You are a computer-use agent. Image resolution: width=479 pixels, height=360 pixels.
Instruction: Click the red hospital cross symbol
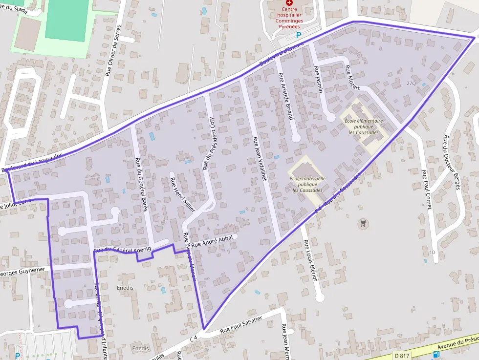(289, 3)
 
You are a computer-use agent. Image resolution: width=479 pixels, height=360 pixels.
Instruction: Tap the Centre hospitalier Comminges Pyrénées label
(289, 18)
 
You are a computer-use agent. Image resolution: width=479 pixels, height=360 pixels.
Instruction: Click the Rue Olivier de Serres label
(112, 54)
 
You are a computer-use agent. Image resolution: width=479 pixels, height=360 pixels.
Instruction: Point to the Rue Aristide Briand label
(285, 96)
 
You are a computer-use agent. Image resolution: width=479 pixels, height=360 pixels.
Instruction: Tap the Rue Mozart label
(352, 77)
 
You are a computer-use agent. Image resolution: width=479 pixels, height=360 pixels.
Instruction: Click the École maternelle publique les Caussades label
(307, 184)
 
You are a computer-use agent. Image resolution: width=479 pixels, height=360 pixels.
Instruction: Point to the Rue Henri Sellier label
(182, 194)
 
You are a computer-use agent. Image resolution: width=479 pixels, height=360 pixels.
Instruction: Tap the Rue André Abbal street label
(212, 241)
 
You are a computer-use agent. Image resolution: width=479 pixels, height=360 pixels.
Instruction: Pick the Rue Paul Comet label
(427, 189)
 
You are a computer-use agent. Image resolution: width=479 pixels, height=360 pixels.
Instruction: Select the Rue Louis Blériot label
(310, 260)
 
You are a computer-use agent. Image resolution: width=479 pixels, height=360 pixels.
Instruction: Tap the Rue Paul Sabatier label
(241, 324)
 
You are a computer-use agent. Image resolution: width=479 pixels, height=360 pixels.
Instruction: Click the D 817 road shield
(401, 355)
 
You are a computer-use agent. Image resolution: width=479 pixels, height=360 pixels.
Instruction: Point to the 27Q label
(411, 83)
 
